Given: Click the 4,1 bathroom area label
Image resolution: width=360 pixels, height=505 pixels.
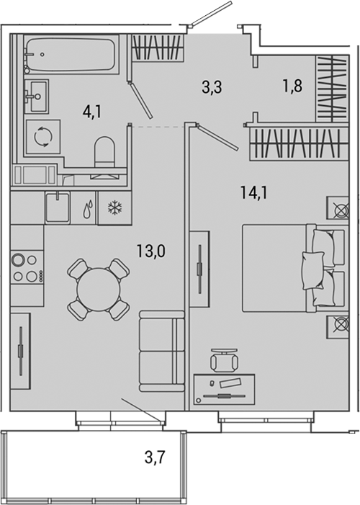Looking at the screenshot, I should (91, 112).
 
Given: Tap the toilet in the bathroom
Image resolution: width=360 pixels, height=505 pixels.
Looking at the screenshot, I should (106, 153).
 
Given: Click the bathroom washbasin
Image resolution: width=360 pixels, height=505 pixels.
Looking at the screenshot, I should (36, 94).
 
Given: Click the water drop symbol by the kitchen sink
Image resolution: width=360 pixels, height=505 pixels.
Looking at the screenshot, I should (86, 210).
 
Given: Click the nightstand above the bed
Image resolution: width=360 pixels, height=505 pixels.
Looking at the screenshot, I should (338, 210).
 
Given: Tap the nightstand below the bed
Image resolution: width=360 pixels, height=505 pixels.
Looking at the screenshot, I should (338, 326).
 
